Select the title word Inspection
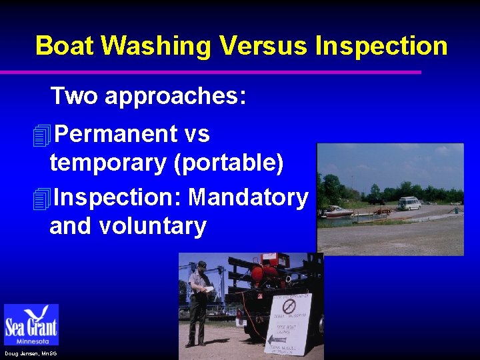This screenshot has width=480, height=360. tap(381, 46)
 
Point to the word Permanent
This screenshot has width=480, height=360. tap(115, 134)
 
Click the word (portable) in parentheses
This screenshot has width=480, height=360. tap(228, 163)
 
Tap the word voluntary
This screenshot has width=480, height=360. tap(153, 227)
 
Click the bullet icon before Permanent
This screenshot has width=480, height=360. tap(41, 136)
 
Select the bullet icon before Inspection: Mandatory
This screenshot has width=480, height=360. tap(41, 199)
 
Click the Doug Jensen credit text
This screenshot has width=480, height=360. tap(30, 353)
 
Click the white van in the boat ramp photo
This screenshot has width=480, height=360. tap(409, 203)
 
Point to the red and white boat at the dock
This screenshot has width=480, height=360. tap(339, 211)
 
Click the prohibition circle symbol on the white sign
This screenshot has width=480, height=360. tap(289, 307)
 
